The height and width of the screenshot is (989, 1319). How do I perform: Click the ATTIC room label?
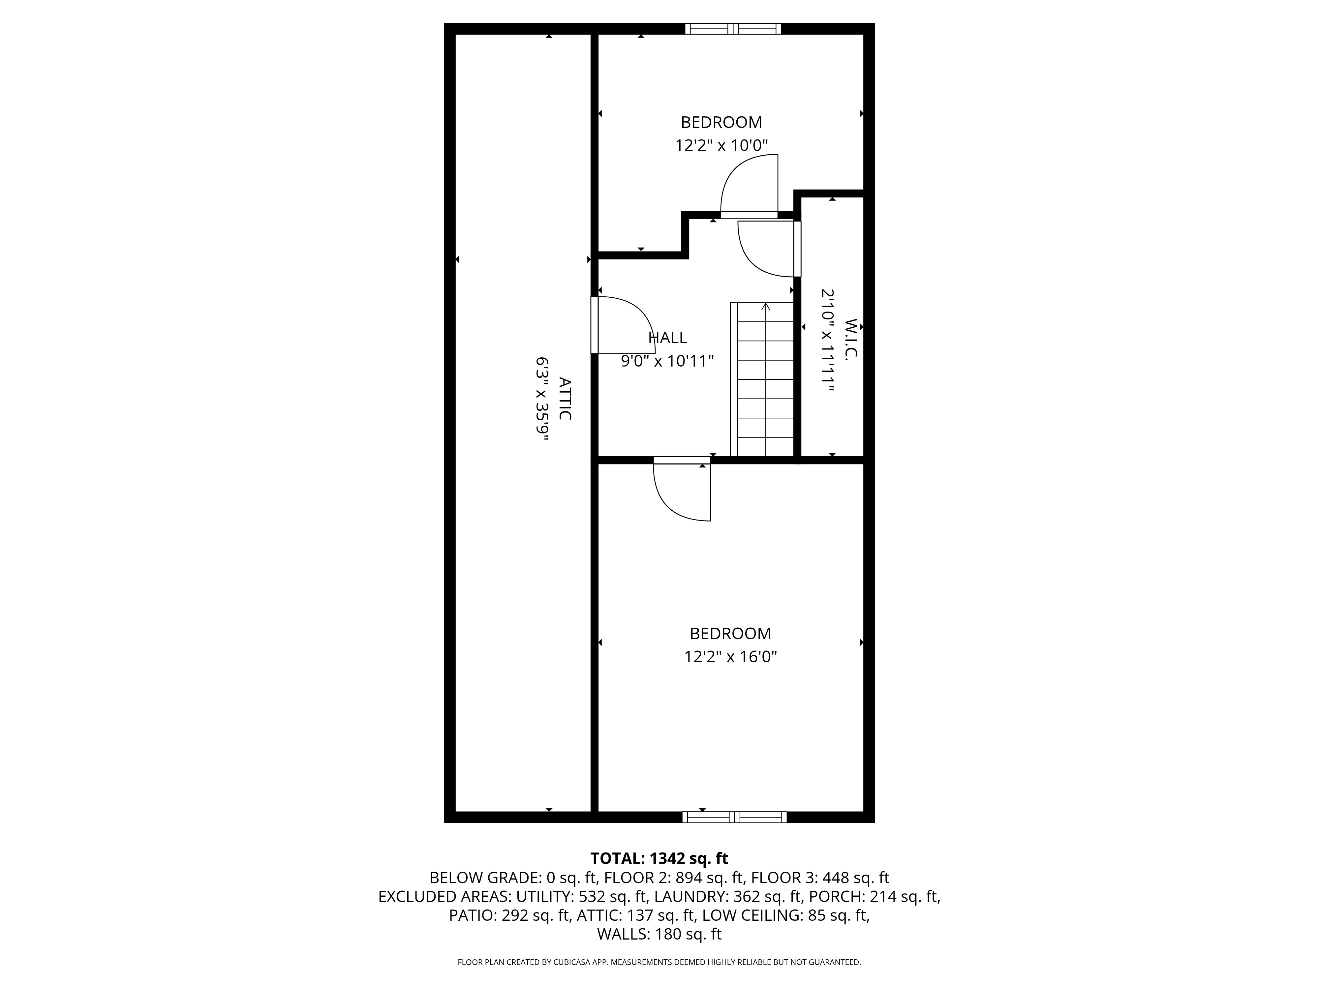[565, 398]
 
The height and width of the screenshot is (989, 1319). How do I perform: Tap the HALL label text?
[667, 338]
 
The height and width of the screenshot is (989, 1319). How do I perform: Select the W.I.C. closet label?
[851, 338]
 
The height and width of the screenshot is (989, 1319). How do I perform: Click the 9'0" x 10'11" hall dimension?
[667, 361]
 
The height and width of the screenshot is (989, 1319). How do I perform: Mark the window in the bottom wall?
[734, 817]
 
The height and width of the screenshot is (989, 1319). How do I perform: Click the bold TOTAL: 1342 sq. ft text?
[659, 858]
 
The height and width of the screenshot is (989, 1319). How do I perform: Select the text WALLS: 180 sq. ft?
[659, 934]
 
